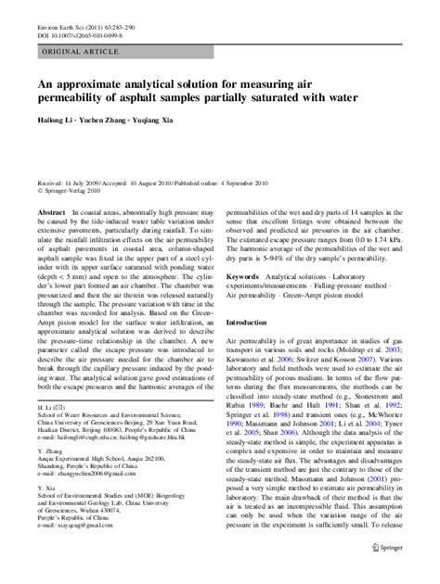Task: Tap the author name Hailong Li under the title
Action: (57, 121)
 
